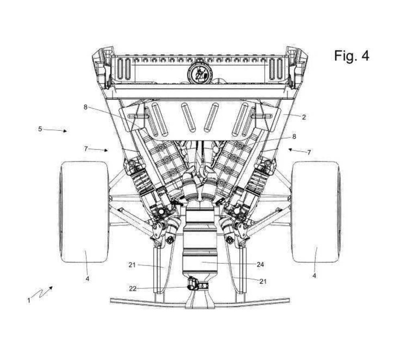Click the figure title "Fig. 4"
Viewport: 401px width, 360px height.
tap(352, 55)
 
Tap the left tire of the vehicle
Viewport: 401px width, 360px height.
tap(84, 212)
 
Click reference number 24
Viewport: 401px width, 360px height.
tap(260, 264)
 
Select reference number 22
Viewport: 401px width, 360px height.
tap(133, 289)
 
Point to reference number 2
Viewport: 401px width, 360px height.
tap(304, 117)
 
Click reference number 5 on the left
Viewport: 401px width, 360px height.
tap(40, 129)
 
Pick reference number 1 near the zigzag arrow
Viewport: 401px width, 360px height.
tap(29, 300)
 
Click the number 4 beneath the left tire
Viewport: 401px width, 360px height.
tap(87, 279)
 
